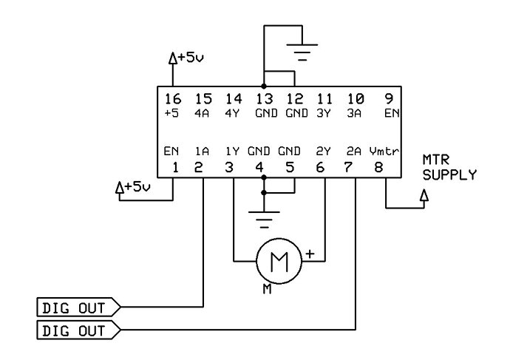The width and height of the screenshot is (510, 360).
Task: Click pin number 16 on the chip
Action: coord(172,98)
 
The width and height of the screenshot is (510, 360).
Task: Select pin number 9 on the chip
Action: coord(389,98)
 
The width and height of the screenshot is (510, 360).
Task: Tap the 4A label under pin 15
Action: coord(202,114)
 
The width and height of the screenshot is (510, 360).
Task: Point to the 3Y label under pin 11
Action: coord(324,114)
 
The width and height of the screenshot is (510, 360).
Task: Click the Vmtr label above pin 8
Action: coord(384,152)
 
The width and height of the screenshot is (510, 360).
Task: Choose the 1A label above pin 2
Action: coord(202,152)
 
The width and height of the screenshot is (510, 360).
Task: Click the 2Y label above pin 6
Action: coord(323,152)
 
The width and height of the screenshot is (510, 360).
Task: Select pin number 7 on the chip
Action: coord(348,168)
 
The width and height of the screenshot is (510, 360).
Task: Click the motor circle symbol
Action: coord(279,261)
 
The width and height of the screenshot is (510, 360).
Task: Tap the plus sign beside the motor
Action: coord(310,254)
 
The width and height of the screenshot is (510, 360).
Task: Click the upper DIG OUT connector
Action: coord(78,307)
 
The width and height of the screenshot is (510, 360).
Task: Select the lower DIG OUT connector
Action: coord(78,330)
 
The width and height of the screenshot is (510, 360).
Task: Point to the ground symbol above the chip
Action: coord(302,52)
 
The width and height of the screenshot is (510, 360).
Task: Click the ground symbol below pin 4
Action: coord(264,220)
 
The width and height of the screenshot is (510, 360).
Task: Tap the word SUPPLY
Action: coord(449,175)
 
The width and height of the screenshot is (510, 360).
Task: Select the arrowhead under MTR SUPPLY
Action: coord(424,195)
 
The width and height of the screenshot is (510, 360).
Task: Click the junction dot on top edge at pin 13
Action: coord(264,86)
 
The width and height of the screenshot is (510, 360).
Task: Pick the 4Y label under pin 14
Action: coord(232,114)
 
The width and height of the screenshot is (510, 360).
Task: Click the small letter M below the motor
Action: coord(267,289)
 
